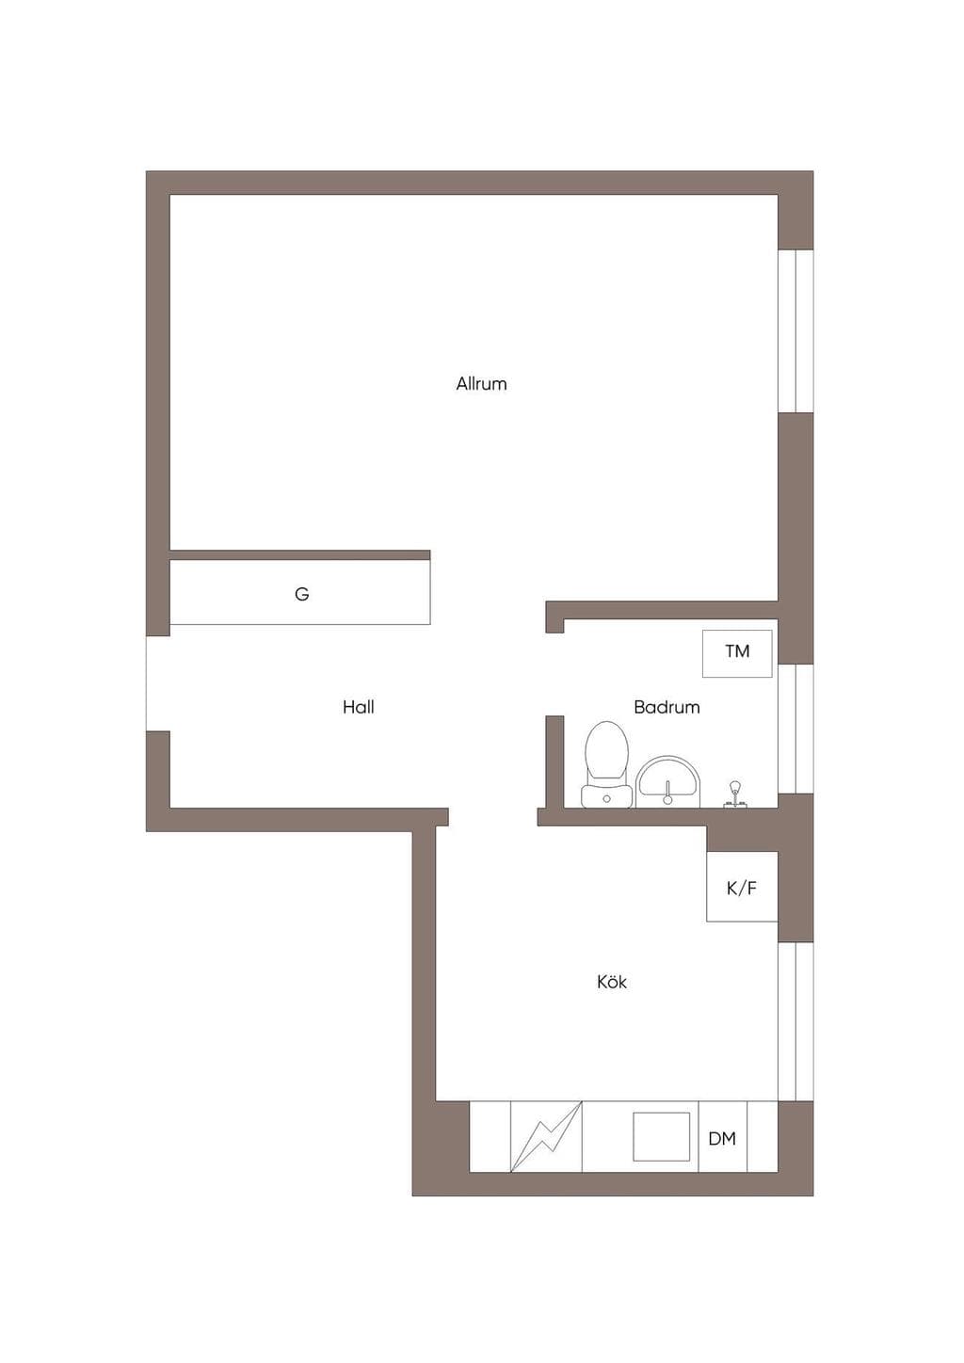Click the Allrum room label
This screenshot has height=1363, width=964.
[x=481, y=384]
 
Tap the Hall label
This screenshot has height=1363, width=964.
[x=359, y=707]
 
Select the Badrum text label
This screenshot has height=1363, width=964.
[x=667, y=707]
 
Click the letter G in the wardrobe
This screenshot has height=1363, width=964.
[x=302, y=593]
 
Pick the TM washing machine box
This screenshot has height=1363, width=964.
[x=737, y=653]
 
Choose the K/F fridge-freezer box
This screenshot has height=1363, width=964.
[x=742, y=887]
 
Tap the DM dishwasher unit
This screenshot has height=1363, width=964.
[x=722, y=1138]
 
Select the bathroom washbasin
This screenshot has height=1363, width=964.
[x=667, y=782]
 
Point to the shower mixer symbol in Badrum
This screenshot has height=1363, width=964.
[x=734, y=794]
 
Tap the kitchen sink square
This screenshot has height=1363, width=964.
[x=662, y=1137]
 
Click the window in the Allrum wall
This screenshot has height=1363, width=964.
[x=796, y=331]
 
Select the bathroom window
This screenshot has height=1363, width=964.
[x=796, y=729]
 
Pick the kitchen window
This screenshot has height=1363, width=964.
[x=796, y=1020]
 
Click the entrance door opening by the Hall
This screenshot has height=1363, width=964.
[x=157, y=683]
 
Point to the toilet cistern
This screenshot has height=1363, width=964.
[x=606, y=796]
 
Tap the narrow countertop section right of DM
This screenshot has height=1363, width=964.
[x=763, y=1136]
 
